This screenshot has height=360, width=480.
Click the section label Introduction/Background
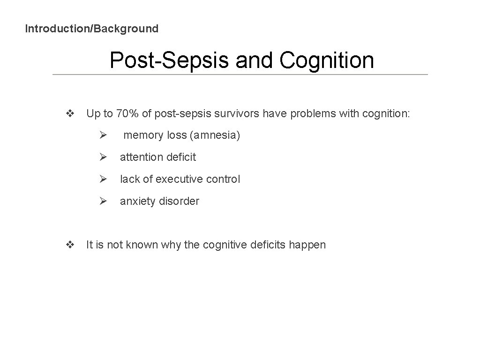tap(91, 29)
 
